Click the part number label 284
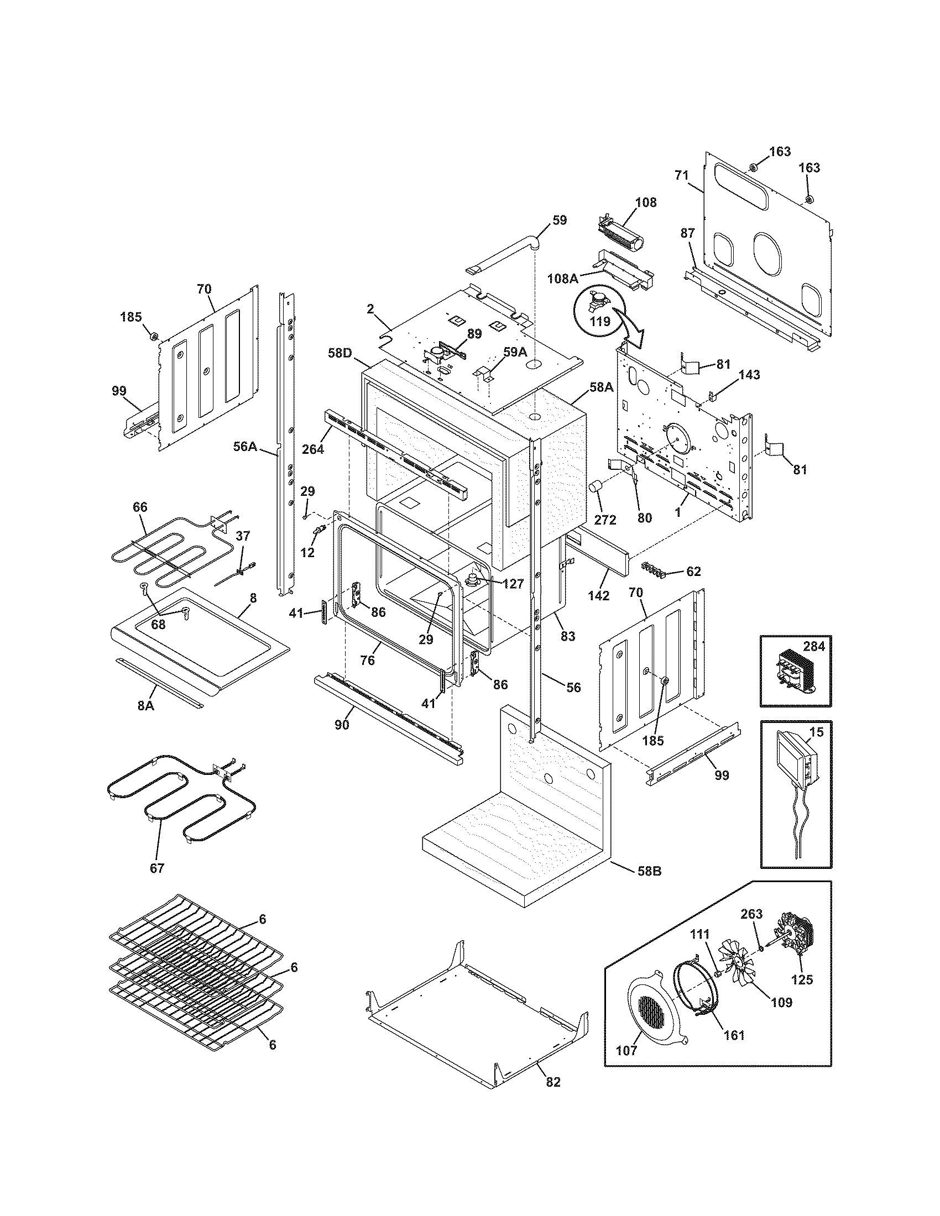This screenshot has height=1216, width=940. point(813,647)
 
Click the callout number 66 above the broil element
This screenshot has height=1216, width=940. point(140,507)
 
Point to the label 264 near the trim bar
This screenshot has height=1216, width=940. point(313,449)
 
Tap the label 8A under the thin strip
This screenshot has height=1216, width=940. point(145,705)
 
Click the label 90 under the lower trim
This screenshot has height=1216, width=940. point(342,725)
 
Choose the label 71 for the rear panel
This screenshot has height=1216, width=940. point(682,175)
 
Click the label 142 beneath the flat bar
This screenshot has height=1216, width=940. point(598,595)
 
